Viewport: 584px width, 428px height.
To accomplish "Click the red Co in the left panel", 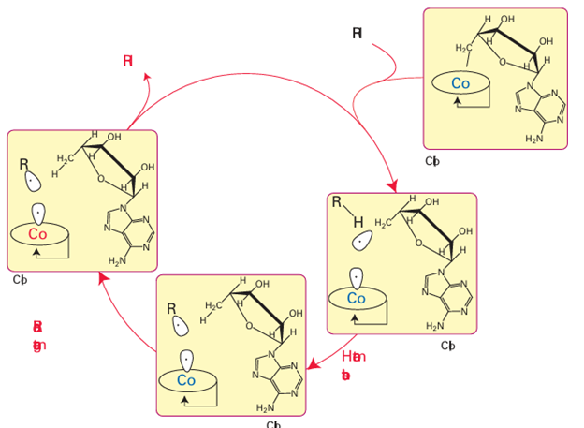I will pos(37,234).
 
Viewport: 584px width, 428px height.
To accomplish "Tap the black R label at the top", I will pos(358,34).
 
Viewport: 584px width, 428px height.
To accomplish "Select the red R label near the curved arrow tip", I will pos(128,61).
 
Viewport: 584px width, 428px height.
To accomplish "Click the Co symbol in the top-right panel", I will pos(460,83).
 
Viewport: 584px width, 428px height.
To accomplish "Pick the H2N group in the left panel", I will pos(118,260).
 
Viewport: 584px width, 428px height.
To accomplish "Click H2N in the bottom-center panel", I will pos(267,408).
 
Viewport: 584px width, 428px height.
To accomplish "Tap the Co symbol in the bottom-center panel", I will pos(186,381).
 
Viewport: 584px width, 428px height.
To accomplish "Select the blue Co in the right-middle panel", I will pos(356,298).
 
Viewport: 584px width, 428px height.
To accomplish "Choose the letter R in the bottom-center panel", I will pos(171,309).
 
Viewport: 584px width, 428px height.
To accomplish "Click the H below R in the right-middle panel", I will pos(357,222).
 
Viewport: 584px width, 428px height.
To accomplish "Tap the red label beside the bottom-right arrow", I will pos(352,365).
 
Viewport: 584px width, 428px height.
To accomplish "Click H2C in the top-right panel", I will pos(465,48).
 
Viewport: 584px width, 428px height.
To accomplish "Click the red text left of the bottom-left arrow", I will pos(38,335).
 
